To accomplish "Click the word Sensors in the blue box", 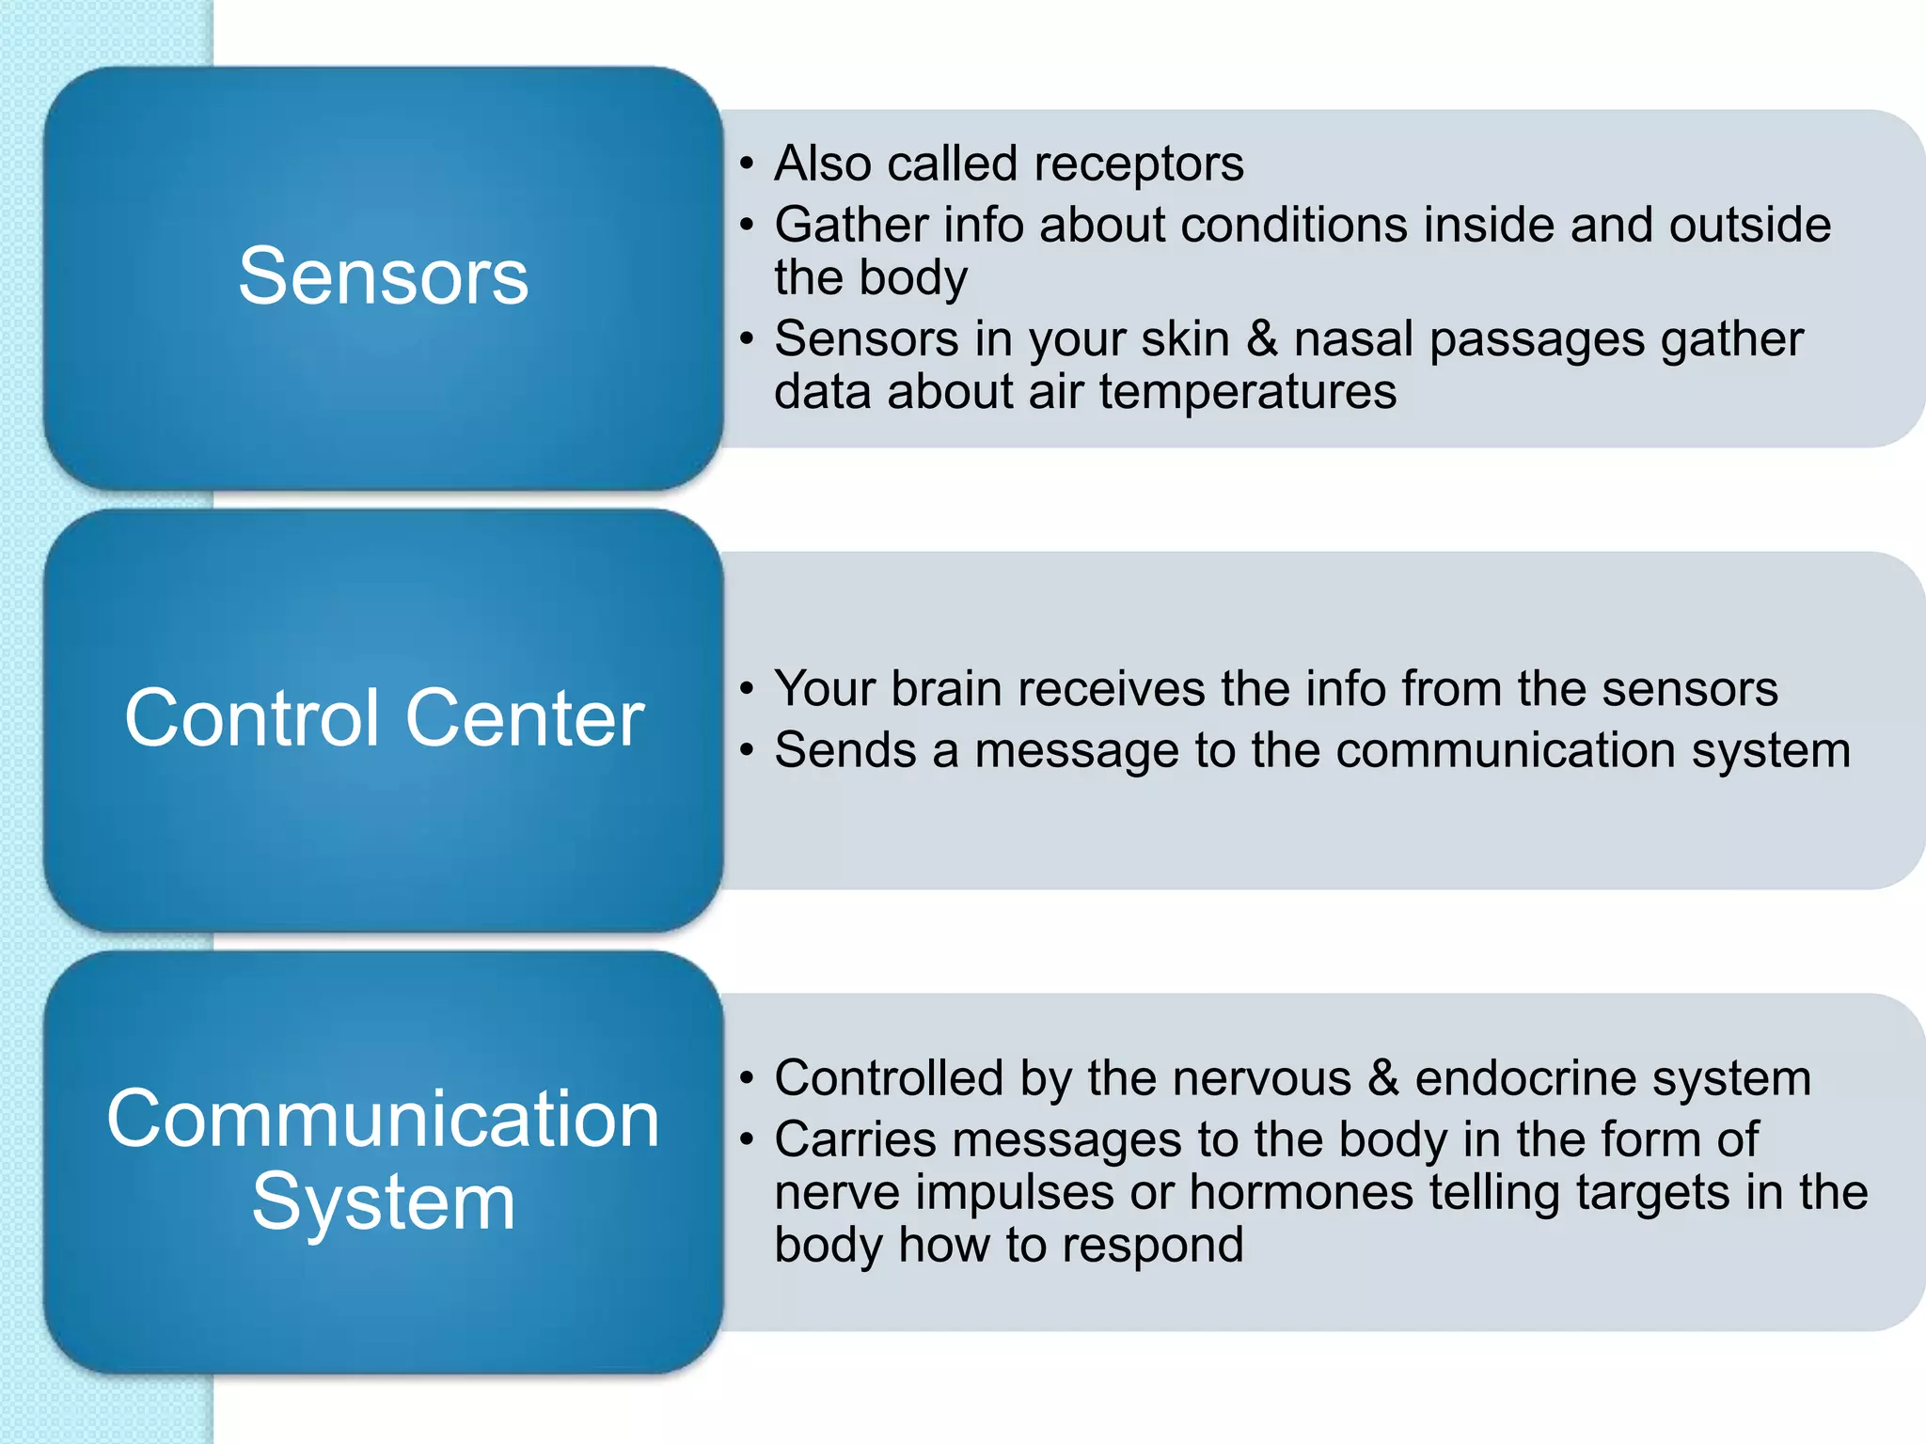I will click(x=383, y=276).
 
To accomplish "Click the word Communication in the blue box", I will click(x=383, y=1119).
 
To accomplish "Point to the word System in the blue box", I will click(x=383, y=1203).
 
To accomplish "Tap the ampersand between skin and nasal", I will click(x=1261, y=339).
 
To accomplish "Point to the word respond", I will click(x=1152, y=1246).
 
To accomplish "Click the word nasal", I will click(x=1353, y=339).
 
